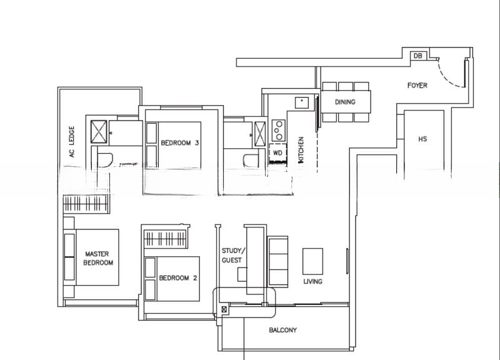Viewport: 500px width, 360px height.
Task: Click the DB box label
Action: [x=417, y=56]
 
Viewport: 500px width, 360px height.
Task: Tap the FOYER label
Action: [x=417, y=85]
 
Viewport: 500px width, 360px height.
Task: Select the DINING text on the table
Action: [x=345, y=102]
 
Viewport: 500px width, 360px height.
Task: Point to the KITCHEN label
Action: [x=301, y=150]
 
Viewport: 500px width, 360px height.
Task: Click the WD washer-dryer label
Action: [x=277, y=152]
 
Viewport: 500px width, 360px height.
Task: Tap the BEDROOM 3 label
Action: [x=180, y=143]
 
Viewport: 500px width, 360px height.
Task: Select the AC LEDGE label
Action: [x=72, y=143]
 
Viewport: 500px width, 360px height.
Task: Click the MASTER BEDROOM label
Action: [x=98, y=258]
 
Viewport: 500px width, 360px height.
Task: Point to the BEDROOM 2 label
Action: [x=178, y=278]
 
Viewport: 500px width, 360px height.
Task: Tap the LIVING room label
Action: [x=312, y=281]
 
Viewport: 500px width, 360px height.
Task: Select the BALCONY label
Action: [x=282, y=330]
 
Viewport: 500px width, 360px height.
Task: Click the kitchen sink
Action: [x=301, y=102]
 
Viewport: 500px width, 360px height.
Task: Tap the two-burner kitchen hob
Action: [x=277, y=130]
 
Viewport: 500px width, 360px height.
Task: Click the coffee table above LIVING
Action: [x=312, y=261]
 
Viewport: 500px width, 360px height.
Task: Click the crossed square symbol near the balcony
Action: [x=224, y=309]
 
